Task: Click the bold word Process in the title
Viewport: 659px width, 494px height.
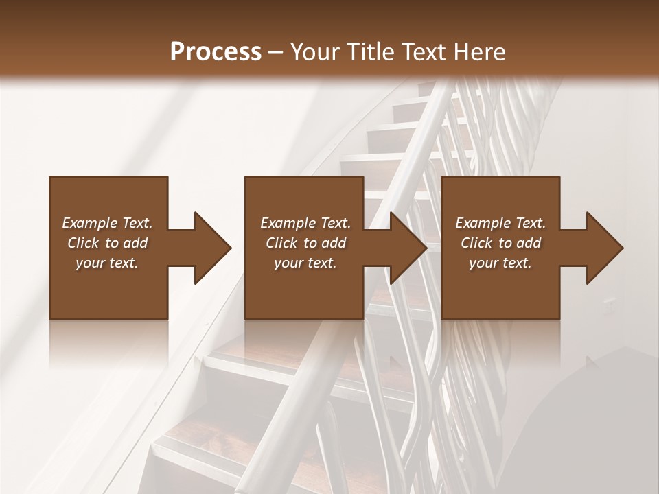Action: (x=216, y=51)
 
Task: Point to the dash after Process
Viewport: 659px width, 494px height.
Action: (x=276, y=52)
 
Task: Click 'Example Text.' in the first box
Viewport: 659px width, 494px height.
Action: (x=107, y=223)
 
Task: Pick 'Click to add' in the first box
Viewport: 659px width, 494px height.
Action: (x=107, y=243)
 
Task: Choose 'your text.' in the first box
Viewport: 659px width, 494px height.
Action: (x=107, y=263)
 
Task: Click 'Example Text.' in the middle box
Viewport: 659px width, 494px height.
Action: (x=305, y=223)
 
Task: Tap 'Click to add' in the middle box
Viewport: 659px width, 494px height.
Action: (x=305, y=243)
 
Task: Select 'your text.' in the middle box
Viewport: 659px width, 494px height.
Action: (x=305, y=263)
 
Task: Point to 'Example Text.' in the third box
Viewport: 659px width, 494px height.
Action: (x=500, y=223)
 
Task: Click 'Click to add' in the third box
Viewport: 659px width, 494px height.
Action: (x=500, y=243)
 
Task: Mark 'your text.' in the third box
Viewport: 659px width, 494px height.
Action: (x=500, y=263)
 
